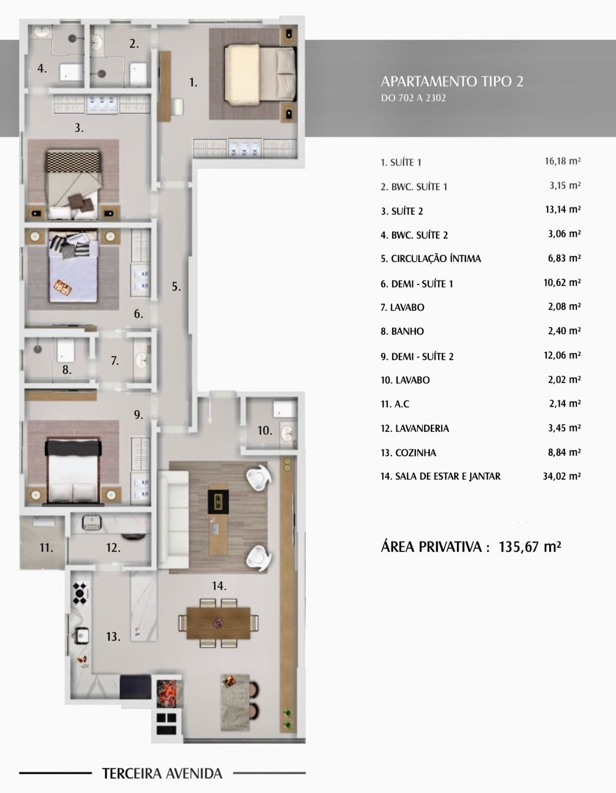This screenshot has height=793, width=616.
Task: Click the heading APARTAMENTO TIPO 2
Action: [x=452, y=81]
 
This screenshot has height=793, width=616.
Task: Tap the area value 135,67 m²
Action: [x=530, y=547]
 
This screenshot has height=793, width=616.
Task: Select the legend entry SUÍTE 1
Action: [x=401, y=163]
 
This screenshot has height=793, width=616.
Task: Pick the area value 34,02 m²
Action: [x=562, y=476]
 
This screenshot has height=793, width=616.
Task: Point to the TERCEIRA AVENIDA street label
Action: [x=162, y=773]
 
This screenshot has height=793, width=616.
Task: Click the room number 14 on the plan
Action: [x=219, y=586]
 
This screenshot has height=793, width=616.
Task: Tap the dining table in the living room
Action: [x=218, y=623]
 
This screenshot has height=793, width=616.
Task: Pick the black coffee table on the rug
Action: [x=218, y=501]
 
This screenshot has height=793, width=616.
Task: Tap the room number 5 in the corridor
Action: [x=176, y=286]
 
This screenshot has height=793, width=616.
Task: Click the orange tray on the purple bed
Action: [x=63, y=286]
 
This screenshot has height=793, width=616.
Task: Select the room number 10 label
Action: [x=264, y=431]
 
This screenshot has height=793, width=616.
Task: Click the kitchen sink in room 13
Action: [x=82, y=636]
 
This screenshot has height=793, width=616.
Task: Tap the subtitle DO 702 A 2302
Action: [x=413, y=98]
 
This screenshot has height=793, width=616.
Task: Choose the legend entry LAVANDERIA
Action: [x=415, y=428]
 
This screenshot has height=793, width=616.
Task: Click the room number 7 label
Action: [x=115, y=360]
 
